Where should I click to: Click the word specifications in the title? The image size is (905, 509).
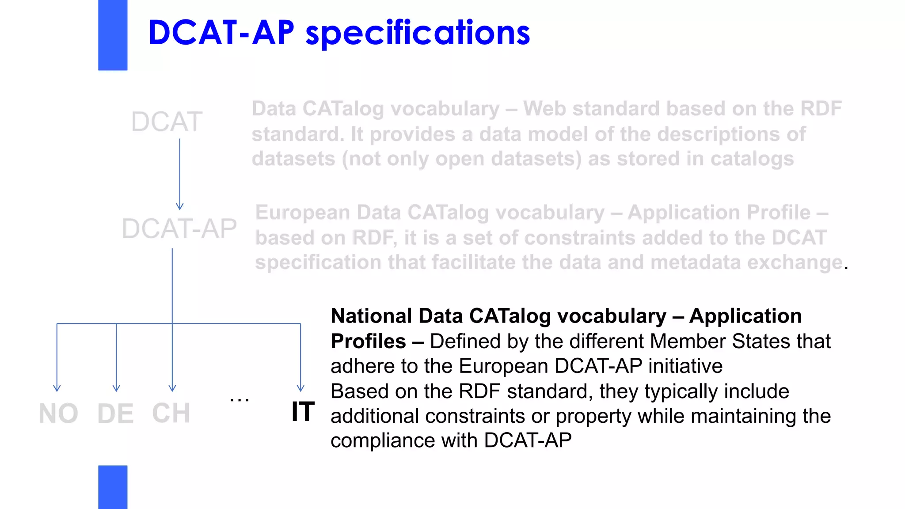418,33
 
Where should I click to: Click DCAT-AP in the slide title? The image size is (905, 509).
221,33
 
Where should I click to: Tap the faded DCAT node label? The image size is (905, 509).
167,122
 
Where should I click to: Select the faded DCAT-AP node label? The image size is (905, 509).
179,229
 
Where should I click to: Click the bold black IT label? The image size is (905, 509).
303,412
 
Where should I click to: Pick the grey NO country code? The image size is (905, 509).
58,414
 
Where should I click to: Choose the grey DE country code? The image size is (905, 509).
115,414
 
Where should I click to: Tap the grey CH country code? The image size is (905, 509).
171,414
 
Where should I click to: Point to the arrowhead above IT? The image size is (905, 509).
300,388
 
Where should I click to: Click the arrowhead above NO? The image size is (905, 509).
57,388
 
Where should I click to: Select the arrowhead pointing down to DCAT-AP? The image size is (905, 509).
179,206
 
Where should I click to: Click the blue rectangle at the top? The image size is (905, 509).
113,35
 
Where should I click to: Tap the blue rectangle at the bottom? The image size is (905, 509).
113,487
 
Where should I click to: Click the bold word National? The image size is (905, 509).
372,316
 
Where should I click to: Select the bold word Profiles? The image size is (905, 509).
368,342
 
